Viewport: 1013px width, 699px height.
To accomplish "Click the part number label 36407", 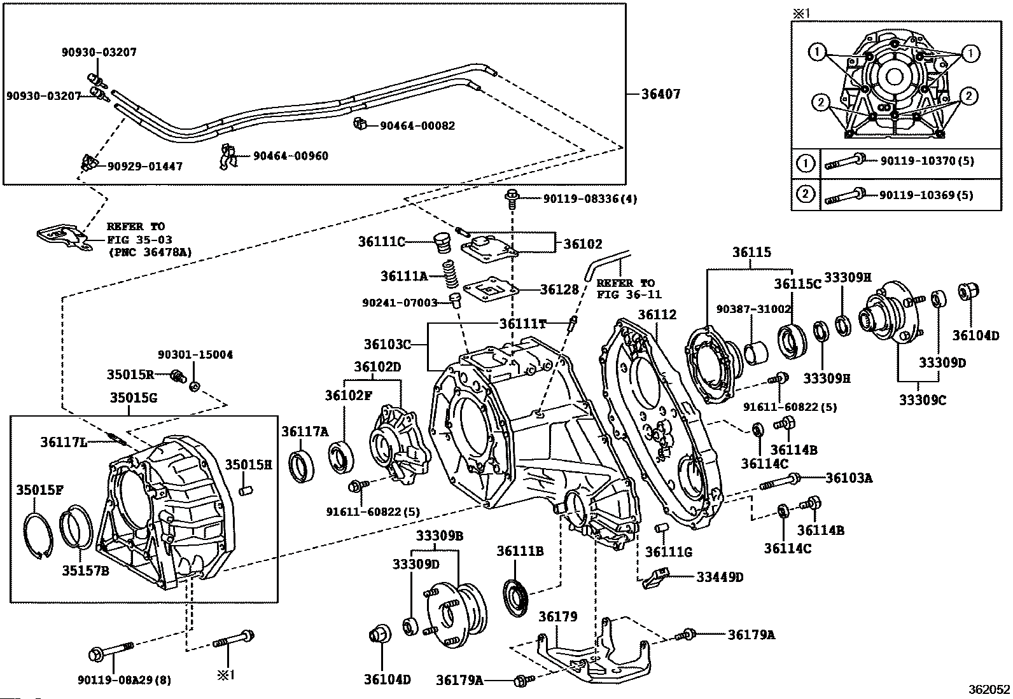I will click(660, 94).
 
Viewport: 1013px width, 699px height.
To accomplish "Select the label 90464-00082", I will click(417, 126).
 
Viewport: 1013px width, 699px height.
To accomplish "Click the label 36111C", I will click(381, 242).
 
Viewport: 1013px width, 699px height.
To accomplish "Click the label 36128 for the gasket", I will click(559, 289).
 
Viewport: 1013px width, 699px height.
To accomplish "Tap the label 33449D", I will click(719, 578).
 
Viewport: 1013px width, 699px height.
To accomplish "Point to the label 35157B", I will click(85, 571).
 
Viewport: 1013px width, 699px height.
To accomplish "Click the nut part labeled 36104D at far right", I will click(968, 293).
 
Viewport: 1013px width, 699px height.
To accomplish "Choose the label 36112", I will click(657, 315).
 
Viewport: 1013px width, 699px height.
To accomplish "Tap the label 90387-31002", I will click(753, 308).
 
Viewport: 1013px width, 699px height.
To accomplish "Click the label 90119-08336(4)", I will click(590, 199).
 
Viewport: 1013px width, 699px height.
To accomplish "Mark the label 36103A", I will click(849, 477).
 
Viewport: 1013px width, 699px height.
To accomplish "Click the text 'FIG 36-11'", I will click(629, 294).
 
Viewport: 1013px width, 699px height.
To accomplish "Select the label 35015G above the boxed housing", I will click(133, 398).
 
